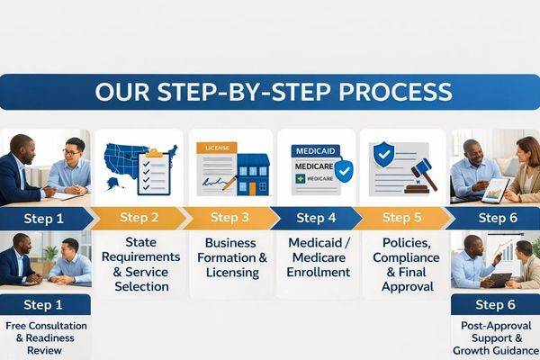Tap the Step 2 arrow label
point(139,218)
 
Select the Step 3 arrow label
point(229,218)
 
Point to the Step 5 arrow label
point(401,218)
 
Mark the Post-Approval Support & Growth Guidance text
point(495,337)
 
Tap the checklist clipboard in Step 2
point(154,171)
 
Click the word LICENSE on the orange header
point(217,147)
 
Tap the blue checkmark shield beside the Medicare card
point(342,171)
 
